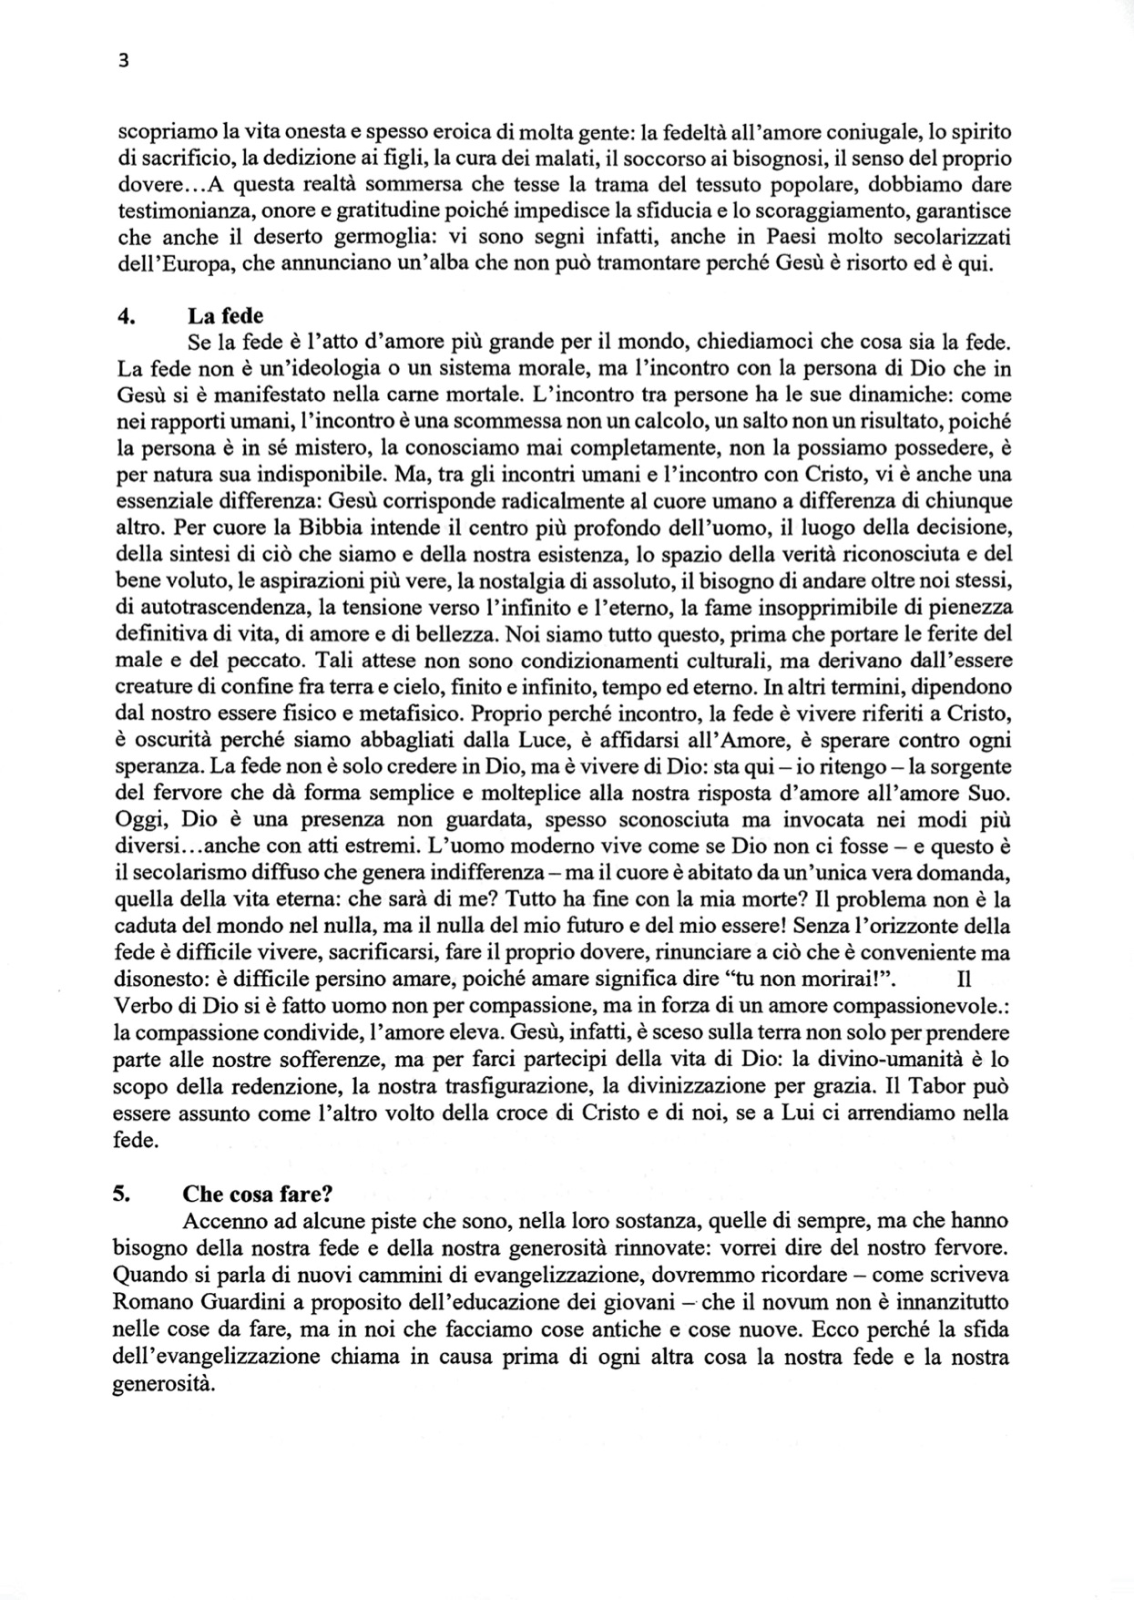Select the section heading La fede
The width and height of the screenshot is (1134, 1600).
pyautogui.click(x=225, y=316)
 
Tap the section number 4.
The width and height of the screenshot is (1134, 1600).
pyautogui.click(x=127, y=316)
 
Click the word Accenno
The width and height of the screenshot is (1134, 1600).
pyautogui.click(x=221, y=1220)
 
